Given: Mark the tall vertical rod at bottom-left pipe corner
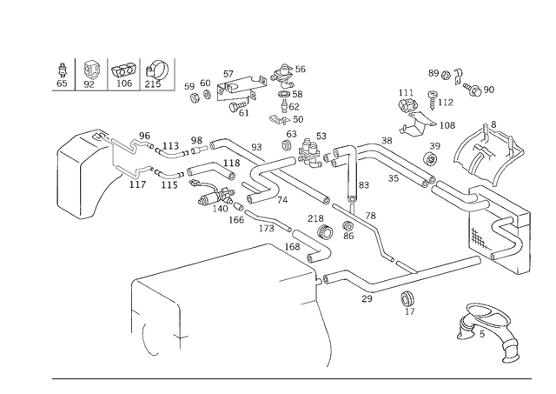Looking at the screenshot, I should coord(132,309).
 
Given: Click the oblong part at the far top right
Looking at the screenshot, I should coord(478,88).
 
